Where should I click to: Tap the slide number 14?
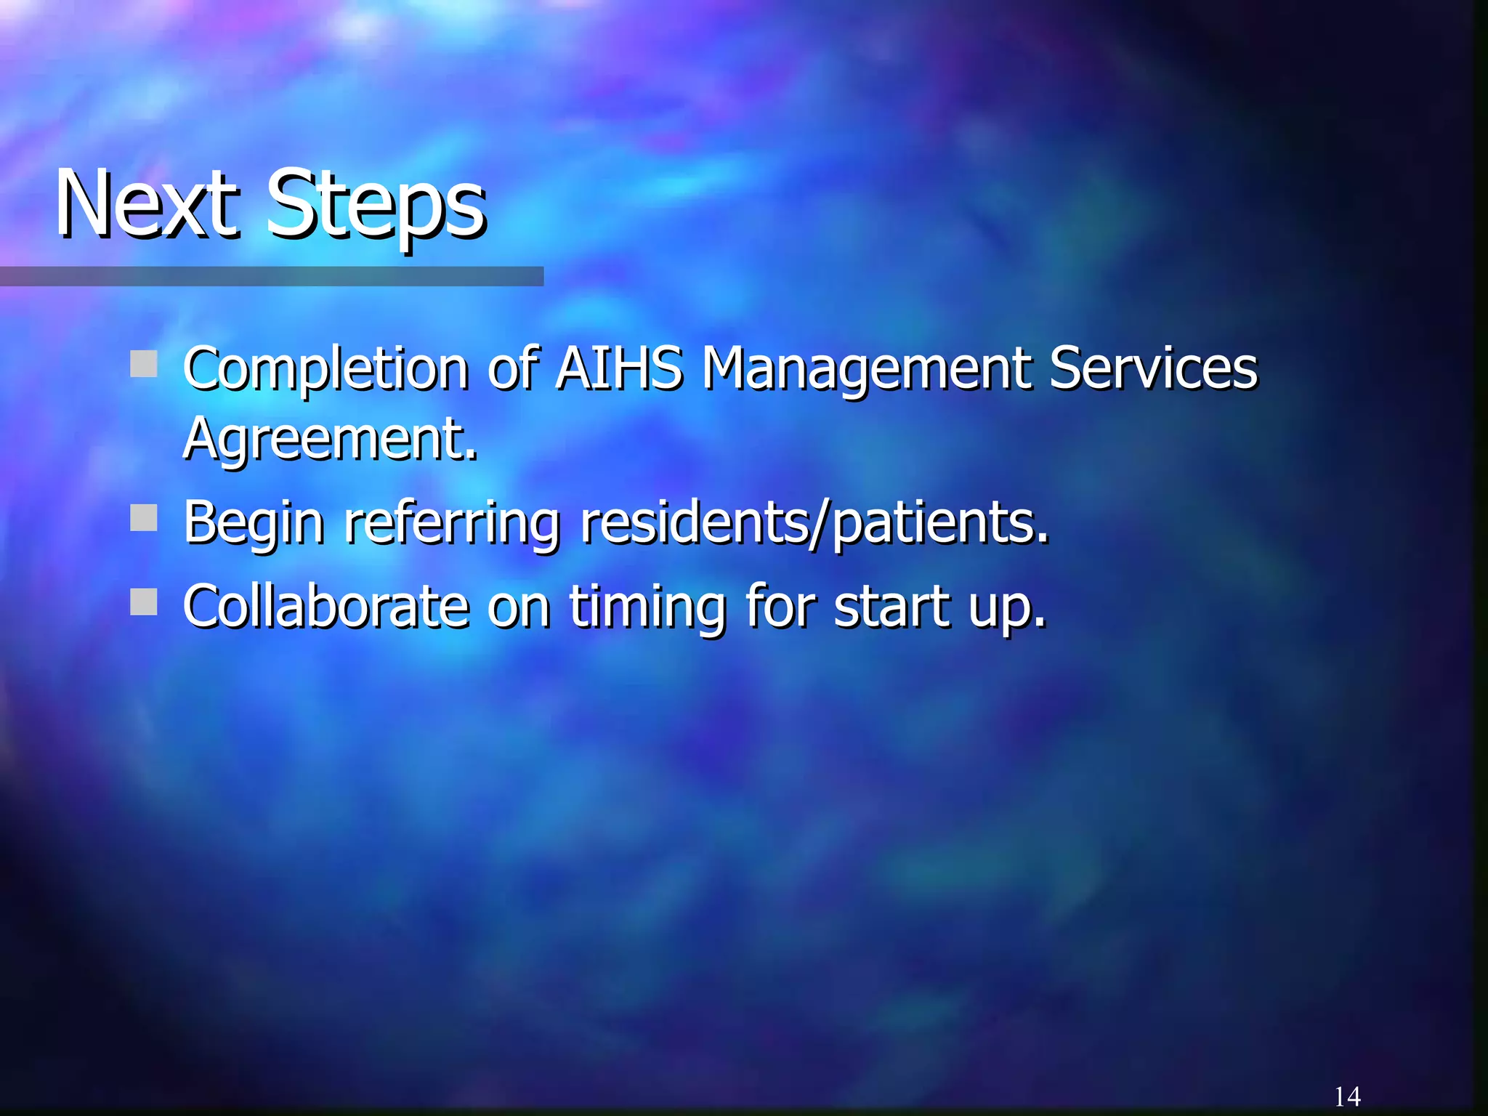coord(1347,1096)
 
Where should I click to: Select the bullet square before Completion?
coord(144,364)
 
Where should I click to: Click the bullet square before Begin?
coord(144,519)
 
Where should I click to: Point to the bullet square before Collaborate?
coord(144,602)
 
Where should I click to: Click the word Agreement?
coord(330,440)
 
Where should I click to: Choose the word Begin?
coord(254,523)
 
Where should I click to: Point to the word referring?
coord(451,523)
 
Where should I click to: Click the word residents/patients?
coord(814,523)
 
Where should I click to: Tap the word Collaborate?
coord(325,605)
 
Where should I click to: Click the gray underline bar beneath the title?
coord(271,276)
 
